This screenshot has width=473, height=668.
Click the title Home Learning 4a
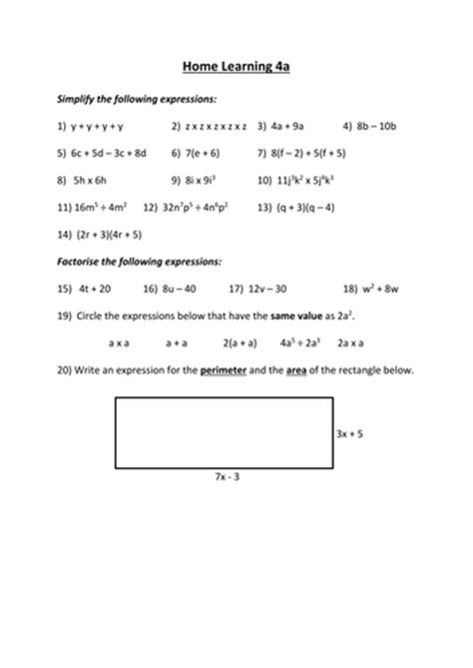236,69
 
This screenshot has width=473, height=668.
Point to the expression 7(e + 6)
204,154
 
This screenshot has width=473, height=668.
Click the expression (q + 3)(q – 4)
306,208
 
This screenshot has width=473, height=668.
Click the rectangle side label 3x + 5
349,435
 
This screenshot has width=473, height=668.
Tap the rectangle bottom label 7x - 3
227,478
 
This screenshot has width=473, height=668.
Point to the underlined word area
296,369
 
